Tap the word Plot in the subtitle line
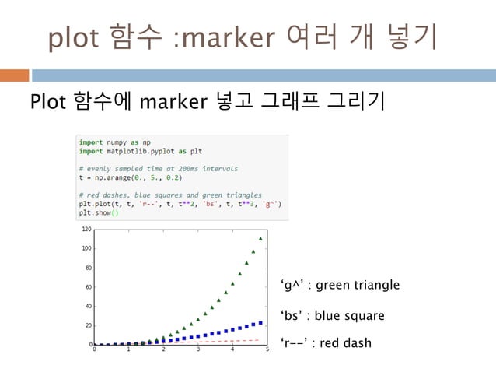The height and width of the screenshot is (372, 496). point(47,101)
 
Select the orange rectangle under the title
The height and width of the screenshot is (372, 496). point(14,75)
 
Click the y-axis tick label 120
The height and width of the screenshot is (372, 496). point(86,230)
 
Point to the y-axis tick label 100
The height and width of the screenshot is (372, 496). point(86,248)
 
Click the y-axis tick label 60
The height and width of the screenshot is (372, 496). point(88,287)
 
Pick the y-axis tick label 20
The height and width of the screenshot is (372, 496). point(88,325)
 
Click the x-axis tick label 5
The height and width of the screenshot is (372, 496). point(267,350)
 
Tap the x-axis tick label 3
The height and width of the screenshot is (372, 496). point(198,350)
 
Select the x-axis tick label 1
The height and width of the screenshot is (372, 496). point(129,350)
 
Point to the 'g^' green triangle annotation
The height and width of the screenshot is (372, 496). point(340,286)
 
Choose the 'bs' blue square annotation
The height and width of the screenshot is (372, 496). point(332,316)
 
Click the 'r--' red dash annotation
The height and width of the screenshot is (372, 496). point(326,343)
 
